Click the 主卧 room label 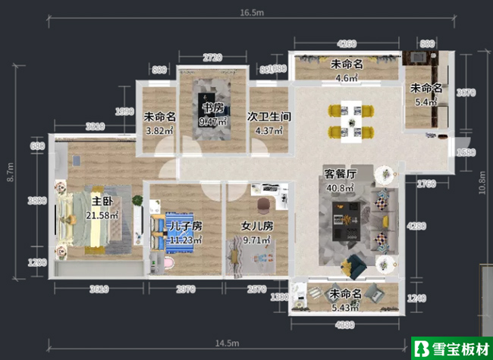click(x=102, y=202)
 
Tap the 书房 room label click(x=212, y=108)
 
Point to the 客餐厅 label click(x=341, y=174)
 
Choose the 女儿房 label click(x=258, y=226)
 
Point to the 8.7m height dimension click(x=11, y=174)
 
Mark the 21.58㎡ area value click(x=102, y=216)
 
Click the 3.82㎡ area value click(x=159, y=130)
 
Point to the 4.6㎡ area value click(x=346, y=77)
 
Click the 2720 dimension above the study click(x=212, y=58)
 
